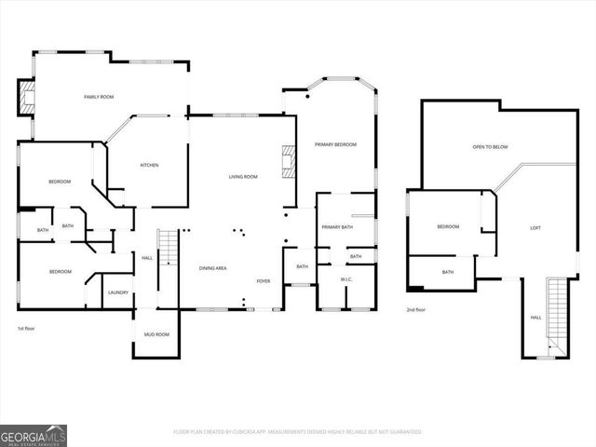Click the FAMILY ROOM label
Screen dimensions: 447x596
coord(99,97)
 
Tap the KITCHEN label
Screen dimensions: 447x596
coord(149,165)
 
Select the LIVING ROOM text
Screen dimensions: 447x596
coord(244,176)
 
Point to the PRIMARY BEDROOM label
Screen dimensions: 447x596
coord(335,144)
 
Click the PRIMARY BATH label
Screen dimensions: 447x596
coord(337,227)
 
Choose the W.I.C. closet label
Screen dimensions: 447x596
coord(345,278)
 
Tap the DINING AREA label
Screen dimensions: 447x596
coord(213,268)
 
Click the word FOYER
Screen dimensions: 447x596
coord(264,280)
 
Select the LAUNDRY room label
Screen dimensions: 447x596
coord(118,292)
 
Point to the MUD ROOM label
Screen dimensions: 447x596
coord(156,334)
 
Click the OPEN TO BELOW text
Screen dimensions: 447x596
coord(490,146)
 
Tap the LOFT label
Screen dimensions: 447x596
coord(535,227)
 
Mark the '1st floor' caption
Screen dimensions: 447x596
coord(27,329)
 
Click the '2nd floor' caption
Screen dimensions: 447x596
coord(417,310)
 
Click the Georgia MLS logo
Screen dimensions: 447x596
coord(33,435)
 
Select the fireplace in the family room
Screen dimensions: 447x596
coord(26,96)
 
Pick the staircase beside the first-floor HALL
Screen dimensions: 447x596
coord(168,261)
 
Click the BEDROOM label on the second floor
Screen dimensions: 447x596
coord(448,226)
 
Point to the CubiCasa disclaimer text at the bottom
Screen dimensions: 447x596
coord(298,432)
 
